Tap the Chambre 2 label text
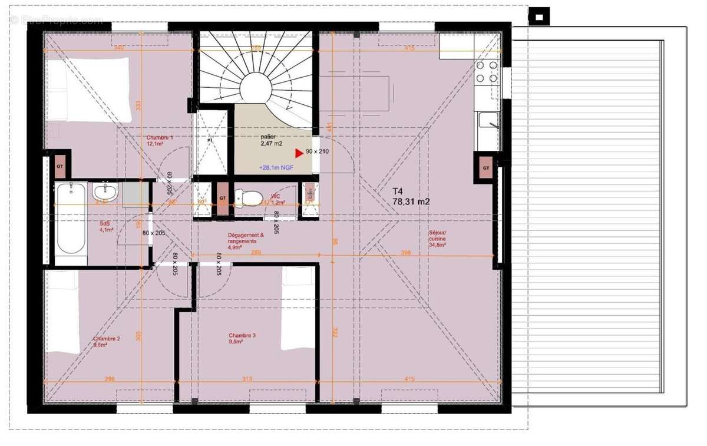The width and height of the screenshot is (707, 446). pyautogui.click(x=107, y=342)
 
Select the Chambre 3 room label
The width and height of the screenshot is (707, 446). pyautogui.click(x=242, y=338)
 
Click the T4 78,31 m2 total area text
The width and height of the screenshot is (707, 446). pyautogui.click(x=411, y=196)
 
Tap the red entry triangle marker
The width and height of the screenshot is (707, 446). pyautogui.click(x=299, y=153)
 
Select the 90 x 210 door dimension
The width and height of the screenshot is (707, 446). pyautogui.click(x=317, y=152)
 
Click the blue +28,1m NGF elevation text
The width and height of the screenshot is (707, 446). pyautogui.click(x=276, y=167)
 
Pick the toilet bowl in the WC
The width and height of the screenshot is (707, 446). pyautogui.click(x=250, y=198)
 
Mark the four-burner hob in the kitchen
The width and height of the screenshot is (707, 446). pyautogui.click(x=488, y=71)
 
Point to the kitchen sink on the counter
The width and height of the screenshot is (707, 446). pyautogui.click(x=488, y=121)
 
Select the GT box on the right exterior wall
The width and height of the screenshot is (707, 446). pyautogui.click(x=486, y=168)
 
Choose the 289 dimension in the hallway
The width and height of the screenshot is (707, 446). pyautogui.click(x=256, y=253)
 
